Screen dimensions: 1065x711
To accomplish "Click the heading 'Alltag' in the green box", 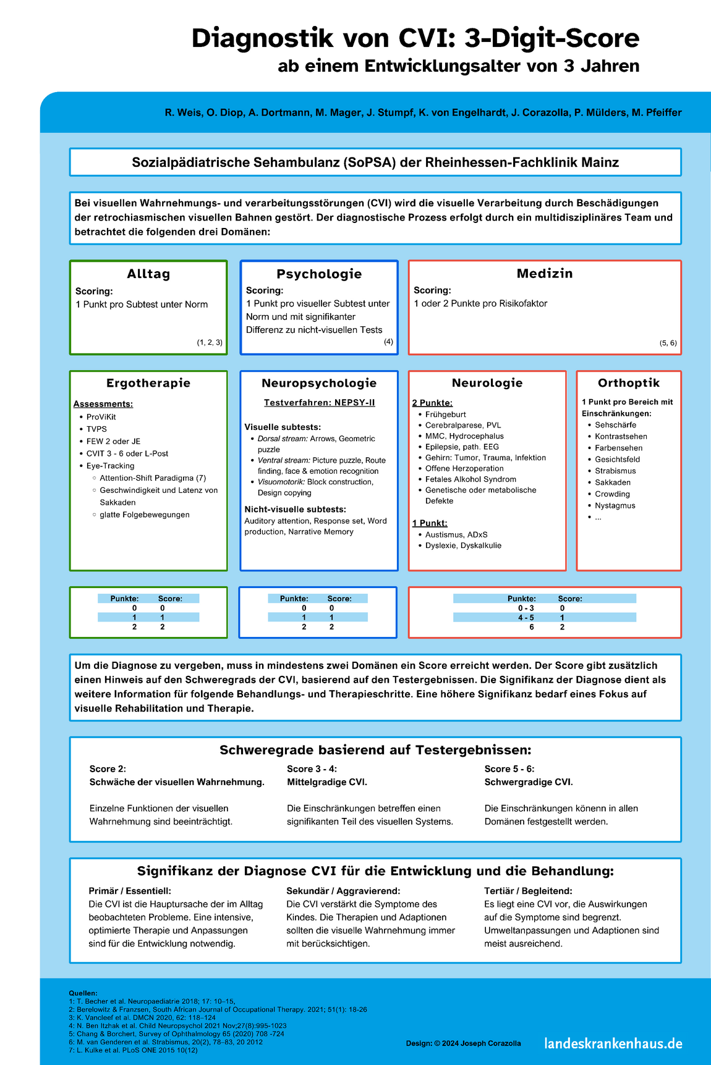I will click(x=148, y=274).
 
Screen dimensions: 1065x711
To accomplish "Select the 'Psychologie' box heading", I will click(x=319, y=274).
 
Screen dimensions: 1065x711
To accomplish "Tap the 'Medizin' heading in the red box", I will click(x=545, y=273).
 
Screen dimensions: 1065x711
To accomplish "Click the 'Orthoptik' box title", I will click(x=629, y=382).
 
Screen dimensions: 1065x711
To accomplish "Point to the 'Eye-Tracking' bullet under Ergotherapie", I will click(x=110, y=466).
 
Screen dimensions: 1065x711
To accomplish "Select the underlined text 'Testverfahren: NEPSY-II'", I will click(x=319, y=403).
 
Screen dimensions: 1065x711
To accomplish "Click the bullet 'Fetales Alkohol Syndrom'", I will click(x=470, y=479).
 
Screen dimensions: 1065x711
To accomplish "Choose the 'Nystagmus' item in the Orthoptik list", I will click(x=615, y=505).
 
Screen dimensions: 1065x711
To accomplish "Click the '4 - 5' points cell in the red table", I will click(x=526, y=617).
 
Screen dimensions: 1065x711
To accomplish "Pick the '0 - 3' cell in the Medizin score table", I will click(x=526, y=608).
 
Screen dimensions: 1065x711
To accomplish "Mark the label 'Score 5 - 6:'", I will click(x=509, y=768).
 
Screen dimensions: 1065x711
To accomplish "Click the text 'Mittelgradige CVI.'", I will click(x=327, y=782).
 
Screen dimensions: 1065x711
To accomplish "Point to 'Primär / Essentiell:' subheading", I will click(x=130, y=891).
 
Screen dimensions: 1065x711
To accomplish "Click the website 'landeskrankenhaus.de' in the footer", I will click(x=613, y=1043).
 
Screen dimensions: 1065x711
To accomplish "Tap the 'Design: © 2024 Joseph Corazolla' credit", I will click(x=463, y=1043).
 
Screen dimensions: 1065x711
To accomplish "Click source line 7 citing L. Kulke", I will click(x=134, y=1050).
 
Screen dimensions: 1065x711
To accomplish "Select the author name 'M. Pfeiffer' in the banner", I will click(x=657, y=112).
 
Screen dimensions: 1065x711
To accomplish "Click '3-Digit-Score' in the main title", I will click(x=551, y=38).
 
